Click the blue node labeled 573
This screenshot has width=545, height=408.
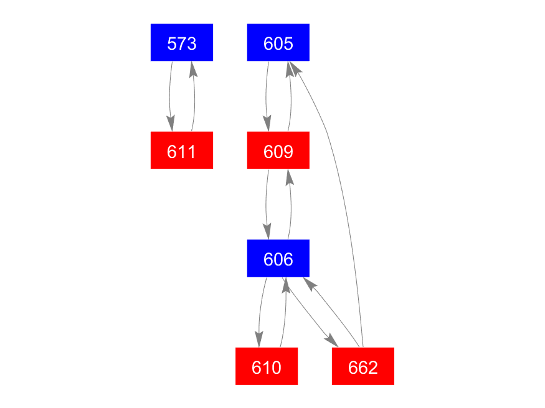click(182, 43)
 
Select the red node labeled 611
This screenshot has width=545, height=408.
click(182, 151)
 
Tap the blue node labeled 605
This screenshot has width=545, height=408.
click(278, 43)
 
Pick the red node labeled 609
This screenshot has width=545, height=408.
click(278, 151)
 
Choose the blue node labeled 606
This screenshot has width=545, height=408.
click(278, 258)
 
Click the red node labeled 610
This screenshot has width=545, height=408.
click(267, 366)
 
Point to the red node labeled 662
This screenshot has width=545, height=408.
click(363, 366)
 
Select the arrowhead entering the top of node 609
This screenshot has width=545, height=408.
click(268, 124)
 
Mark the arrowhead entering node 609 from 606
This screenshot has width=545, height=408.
click(290, 176)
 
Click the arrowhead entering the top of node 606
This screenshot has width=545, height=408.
click(268, 232)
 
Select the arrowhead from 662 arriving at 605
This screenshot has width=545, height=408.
click(295, 67)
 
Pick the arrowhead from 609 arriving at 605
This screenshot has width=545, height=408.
click(290, 68)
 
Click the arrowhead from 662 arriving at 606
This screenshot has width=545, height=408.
click(309, 284)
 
